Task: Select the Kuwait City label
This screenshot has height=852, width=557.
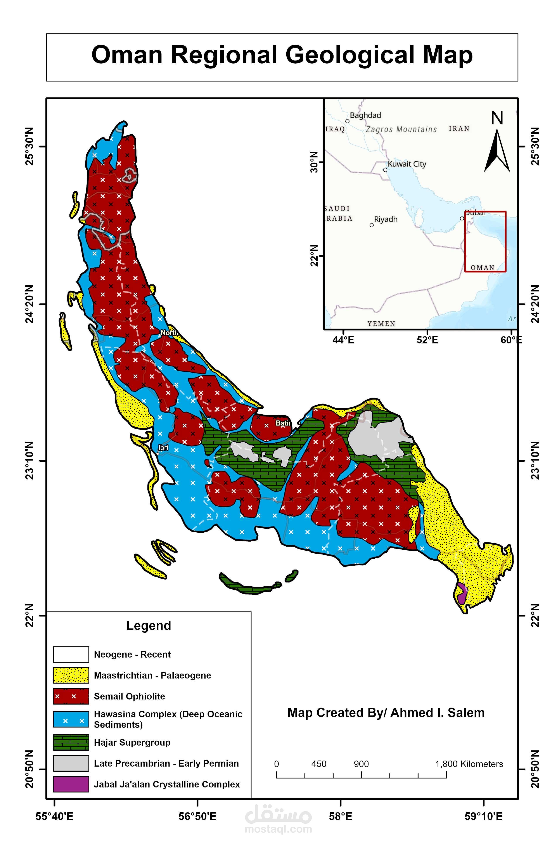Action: tap(407, 164)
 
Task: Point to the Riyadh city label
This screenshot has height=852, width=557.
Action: tap(386, 219)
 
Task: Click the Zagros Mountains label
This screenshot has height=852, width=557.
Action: tap(401, 129)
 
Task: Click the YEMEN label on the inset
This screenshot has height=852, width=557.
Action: tap(381, 324)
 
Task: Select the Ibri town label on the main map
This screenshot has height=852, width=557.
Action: tap(163, 448)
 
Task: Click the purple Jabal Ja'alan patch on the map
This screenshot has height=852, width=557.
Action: tap(461, 594)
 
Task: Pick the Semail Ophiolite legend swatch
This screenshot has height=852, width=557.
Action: tap(71, 696)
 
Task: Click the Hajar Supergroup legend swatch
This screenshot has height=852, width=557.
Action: tap(71, 743)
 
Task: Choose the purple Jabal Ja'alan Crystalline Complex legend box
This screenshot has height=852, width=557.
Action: tap(71, 784)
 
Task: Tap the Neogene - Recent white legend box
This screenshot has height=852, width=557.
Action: tap(71, 654)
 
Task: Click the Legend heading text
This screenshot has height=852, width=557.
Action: tap(149, 625)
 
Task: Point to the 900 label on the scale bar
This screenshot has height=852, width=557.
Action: tap(361, 764)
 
